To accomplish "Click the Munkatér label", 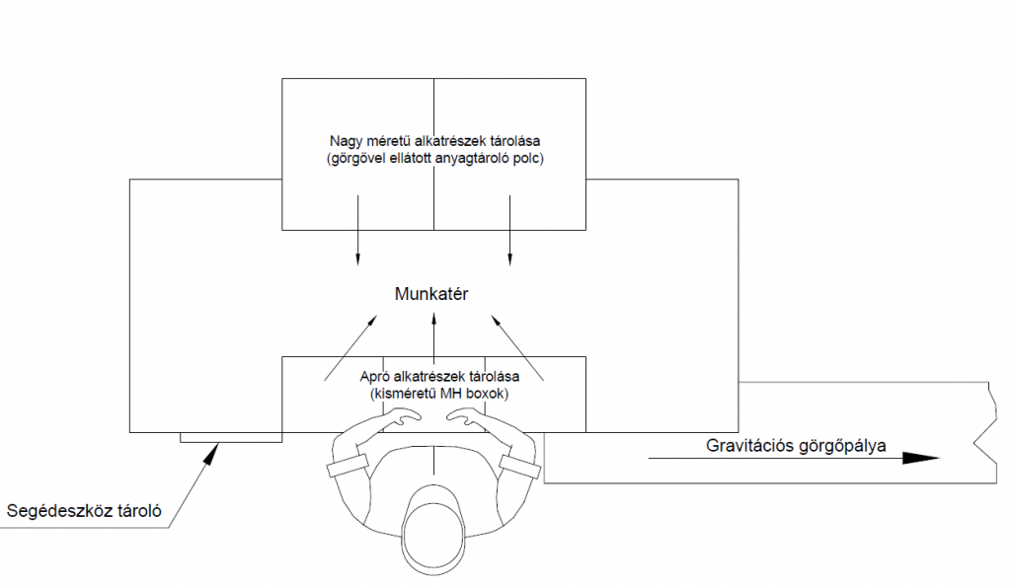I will pyautogui.click(x=430, y=294).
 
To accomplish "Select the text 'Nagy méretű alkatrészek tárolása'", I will pyautogui.click(x=433, y=141).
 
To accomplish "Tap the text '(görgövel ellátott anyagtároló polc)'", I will pyautogui.click(x=433, y=158).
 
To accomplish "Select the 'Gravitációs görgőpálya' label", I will pyautogui.click(x=797, y=445).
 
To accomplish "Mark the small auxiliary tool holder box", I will pyautogui.click(x=231, y=437).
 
